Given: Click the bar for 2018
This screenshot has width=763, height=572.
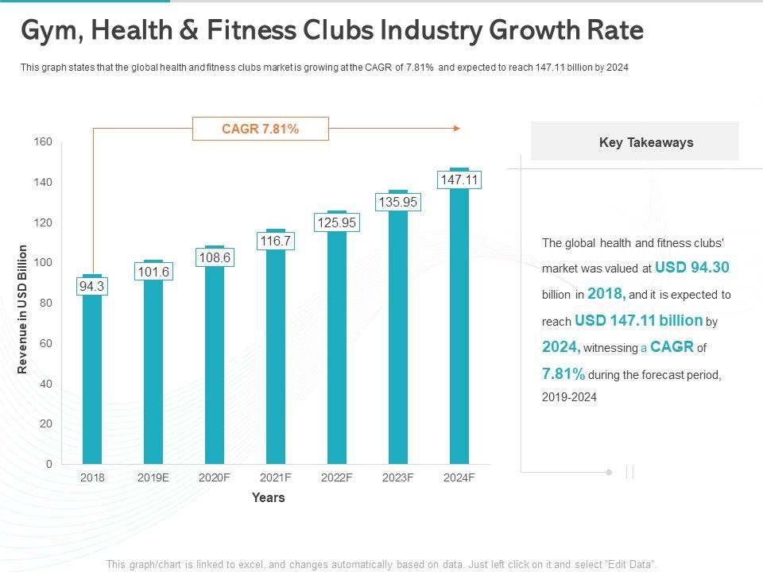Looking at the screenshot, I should [x=93, y=381].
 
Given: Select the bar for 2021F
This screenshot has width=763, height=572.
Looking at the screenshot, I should [x=276, y=357].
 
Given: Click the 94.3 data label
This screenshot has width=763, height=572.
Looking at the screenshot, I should [x=92, y=286].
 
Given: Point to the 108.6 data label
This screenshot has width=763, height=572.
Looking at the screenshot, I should [x=215, y=257].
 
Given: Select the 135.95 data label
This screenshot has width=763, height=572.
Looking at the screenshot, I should [x=398, y=203].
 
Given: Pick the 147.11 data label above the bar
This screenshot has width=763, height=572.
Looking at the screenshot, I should [x=459, y=180].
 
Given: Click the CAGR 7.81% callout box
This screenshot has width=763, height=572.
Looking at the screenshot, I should [x=260, y=128].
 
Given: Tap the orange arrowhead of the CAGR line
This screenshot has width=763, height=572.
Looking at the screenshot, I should [x=456, y=128].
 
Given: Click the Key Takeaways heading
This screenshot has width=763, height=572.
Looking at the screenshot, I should [x=646, y=143].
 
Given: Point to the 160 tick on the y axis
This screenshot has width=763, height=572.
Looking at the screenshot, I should [x=43, y=142].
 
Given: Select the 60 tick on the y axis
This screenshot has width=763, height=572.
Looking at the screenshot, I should [x=46, y=343].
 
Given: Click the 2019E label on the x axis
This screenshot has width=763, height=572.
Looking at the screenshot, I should [x=153, y=477].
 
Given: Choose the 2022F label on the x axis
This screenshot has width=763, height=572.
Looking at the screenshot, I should [x=337, y=477].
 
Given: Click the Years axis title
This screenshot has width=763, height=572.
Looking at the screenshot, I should [x=268, y=498].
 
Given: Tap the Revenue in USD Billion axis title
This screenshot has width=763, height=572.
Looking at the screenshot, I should [x=23, y=309].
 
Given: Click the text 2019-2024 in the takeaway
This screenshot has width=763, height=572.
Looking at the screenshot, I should [x=569, y=397].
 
